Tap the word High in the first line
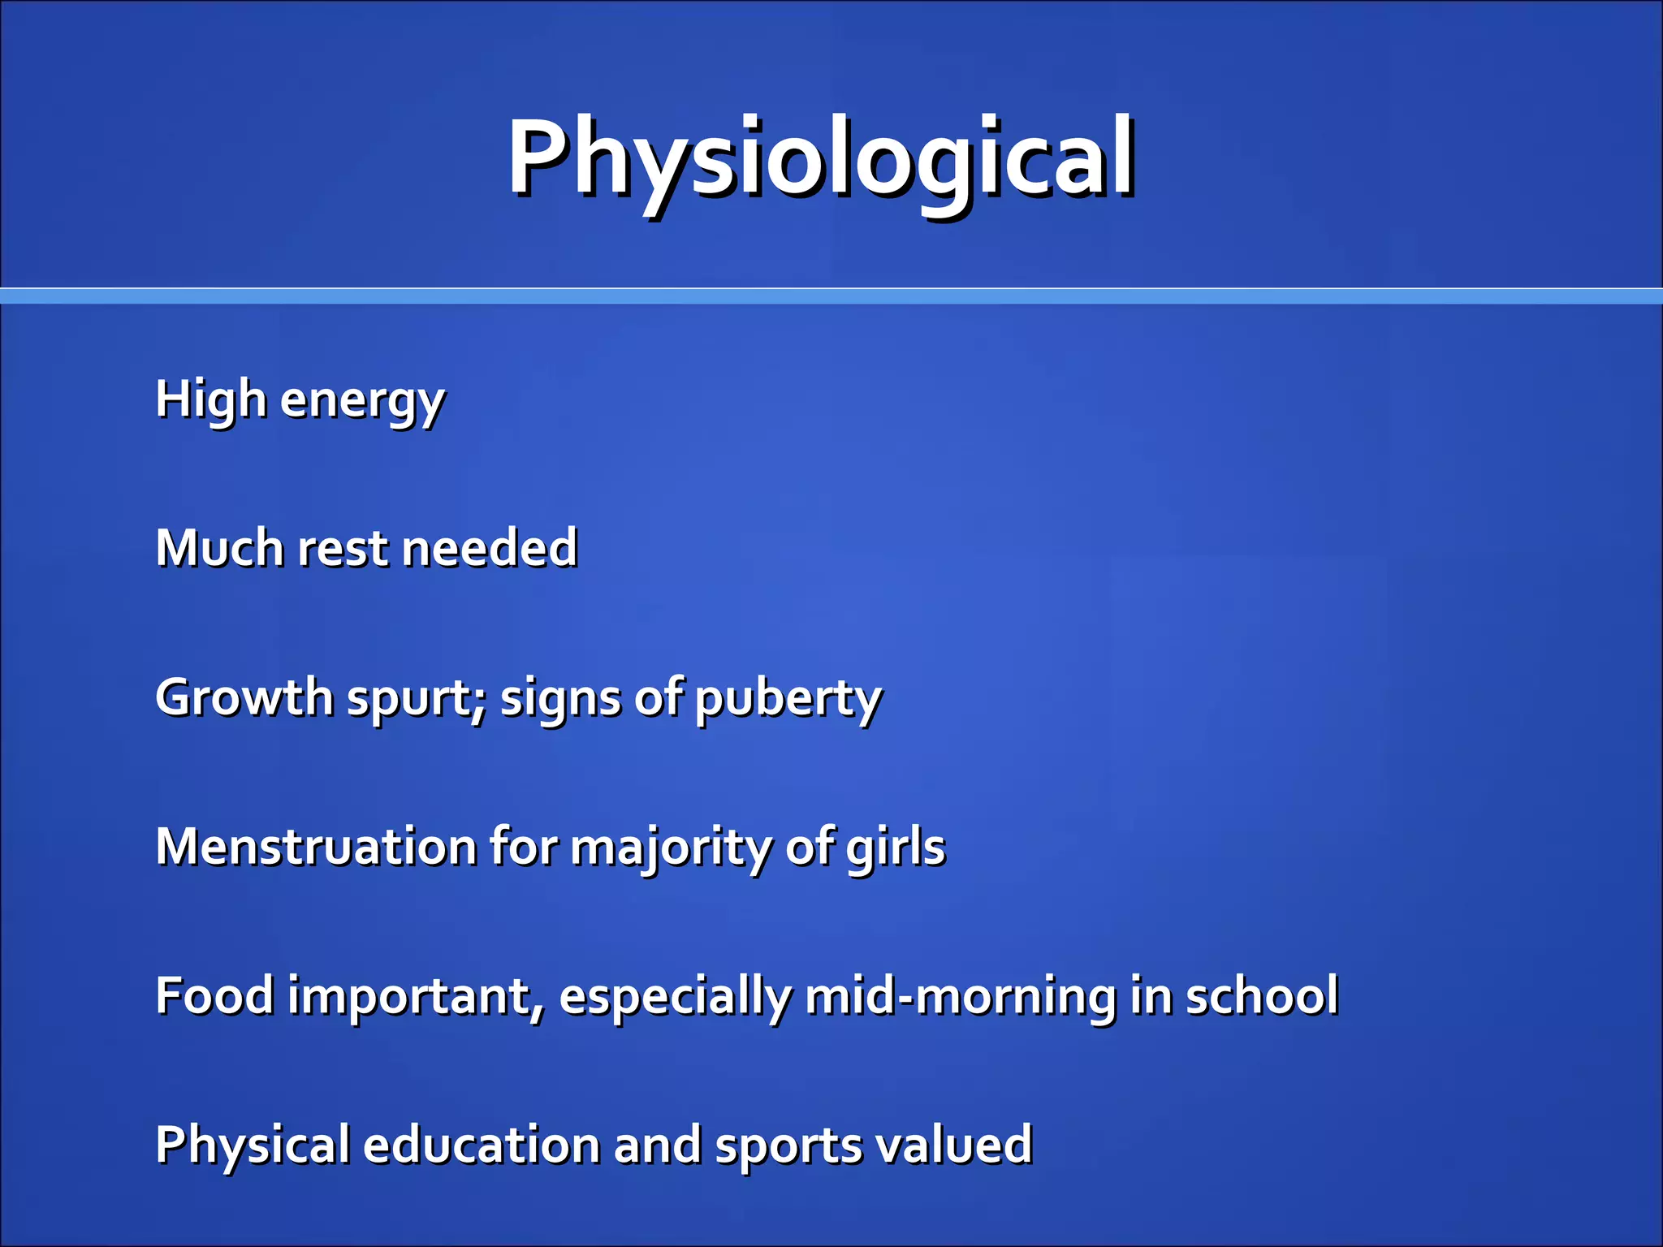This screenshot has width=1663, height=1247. (x=210, y=399)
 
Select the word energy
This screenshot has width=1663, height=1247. (x=362, y=402)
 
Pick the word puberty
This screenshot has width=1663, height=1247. (x=788, y=700)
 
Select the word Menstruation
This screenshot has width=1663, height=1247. (x=316, y=847)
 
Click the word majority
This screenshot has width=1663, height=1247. (x=670, y=848)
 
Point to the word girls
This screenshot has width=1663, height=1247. (x=896, y=848)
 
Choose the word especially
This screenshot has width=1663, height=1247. (x=675, y=998)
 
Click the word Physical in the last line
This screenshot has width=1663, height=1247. (x=252, y=1146)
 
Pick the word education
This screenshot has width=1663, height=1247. (x=480, y=1145)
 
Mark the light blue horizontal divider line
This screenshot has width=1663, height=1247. (x=831, y=296)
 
